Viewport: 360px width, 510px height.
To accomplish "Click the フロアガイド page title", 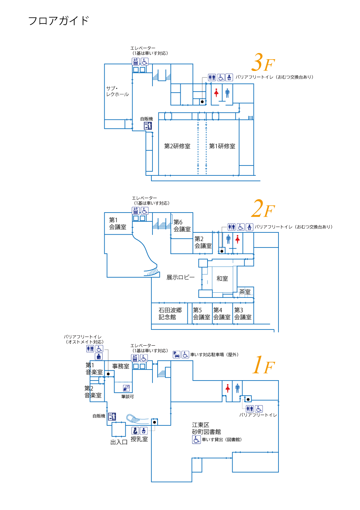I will click(59, 21).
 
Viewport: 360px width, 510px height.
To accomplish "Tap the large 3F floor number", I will click(263, 63).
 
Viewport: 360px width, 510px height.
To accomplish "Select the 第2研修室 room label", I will click(177, 146).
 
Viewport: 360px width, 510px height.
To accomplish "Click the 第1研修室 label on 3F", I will click(222, 146).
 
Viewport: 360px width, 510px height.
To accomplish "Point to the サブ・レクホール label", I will click(117, 91).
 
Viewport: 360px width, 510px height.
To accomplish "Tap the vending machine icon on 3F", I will click(148, 126).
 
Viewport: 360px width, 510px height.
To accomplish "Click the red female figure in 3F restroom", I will click(216, 93).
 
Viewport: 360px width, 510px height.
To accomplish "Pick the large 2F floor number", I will click(263, 209).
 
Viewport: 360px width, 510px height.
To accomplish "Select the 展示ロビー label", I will click(180, 277).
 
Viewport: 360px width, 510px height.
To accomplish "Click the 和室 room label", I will click(222, 279).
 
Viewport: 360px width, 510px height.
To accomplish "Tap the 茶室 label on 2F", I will click(245, 292).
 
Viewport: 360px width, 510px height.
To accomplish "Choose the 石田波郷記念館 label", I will click(170, 314).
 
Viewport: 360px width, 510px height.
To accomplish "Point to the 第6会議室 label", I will click(182, 225).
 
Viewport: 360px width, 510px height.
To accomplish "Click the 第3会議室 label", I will click(243, 314).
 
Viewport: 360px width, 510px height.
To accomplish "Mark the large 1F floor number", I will click(263, 365).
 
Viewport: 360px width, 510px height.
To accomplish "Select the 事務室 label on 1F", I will click(120, 366).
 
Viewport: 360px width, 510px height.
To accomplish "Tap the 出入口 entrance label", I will click(119, 442).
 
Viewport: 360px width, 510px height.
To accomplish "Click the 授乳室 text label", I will click(139, 439).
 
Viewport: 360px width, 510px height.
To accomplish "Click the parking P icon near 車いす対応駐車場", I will click(177, 354).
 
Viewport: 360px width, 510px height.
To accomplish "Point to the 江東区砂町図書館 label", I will click(206, 428).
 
